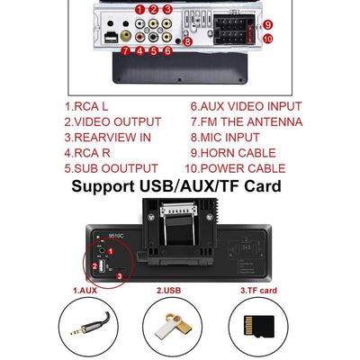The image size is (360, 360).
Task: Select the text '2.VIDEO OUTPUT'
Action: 112,121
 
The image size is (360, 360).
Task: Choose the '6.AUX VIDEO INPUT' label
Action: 245,105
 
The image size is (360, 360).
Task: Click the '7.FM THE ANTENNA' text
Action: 246,121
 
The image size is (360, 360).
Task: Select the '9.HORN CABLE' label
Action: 231,152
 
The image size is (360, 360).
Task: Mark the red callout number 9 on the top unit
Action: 268,25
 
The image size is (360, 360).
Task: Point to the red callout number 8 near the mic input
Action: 187,41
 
